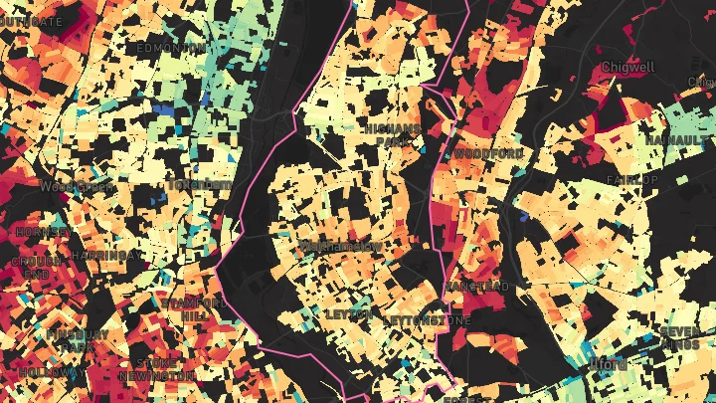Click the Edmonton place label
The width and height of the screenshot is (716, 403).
click(x=171, y=48)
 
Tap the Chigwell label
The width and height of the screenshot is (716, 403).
click(x=629, y=68)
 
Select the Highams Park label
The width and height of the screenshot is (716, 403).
click(x=394, y=135)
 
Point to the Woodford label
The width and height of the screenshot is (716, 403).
click(x=489, y=153)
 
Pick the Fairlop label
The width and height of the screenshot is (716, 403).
click(x=636, y=180)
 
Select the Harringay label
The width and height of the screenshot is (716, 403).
click(x=107, y=256)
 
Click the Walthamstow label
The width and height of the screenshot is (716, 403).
click(x=341, y=246)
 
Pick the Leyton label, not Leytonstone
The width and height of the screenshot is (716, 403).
click(x=349, y=314)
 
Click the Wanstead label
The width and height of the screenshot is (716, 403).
click(x=478, y=287)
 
